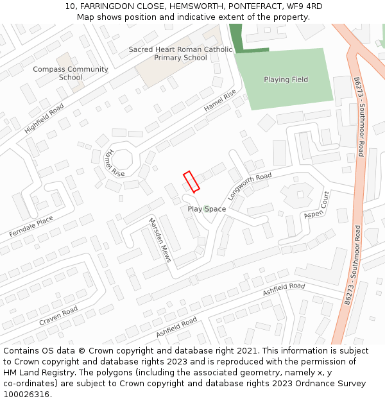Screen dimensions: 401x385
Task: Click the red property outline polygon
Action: pos(191,181)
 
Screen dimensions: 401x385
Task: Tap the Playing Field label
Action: pos(286,80)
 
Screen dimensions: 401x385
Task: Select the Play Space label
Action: pos(207,209)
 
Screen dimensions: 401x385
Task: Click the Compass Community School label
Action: pos(71,73)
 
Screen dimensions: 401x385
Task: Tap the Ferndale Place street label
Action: pos(31,227)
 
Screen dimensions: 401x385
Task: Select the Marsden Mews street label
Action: pos(160,240)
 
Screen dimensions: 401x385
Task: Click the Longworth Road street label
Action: pos(250,186)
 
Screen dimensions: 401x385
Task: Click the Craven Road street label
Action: pos(58,315)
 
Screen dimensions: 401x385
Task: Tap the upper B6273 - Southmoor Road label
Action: pos(359,117)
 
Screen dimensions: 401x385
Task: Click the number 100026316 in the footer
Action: pos(27,394)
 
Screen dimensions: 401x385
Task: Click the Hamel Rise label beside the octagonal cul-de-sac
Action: pos(114,163)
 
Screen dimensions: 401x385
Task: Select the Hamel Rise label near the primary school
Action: pos(220,100)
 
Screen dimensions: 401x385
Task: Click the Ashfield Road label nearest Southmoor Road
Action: pos(284,290)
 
